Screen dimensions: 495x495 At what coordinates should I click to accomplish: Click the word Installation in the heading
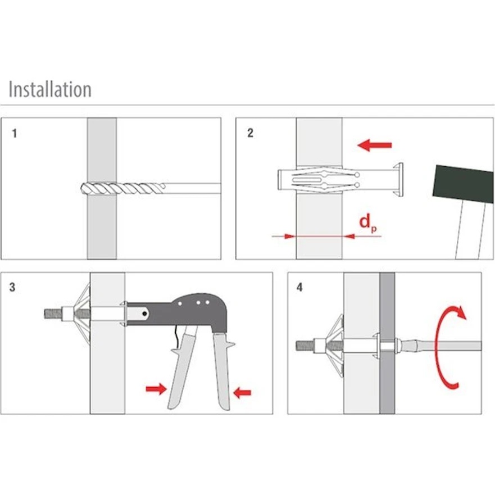(50, 89)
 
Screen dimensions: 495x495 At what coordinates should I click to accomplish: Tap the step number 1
(14, 133)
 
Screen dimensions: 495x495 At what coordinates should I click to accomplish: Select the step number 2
(250, 133)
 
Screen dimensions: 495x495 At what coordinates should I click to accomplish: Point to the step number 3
(12, 287)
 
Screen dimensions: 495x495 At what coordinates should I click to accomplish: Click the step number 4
(299, 287)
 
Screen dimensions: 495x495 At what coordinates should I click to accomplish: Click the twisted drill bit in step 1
(123, 188)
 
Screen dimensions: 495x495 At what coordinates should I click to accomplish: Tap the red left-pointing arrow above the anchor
(374, 145)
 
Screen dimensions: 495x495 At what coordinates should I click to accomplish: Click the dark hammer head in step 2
(463, 184)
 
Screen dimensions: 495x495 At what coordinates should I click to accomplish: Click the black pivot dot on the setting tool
(144, 314)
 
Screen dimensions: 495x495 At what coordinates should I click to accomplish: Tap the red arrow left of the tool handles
(156, 389)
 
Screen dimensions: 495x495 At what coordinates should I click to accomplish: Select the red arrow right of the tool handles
(242, 393)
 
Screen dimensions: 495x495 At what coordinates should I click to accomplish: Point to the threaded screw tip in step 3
(53, 314)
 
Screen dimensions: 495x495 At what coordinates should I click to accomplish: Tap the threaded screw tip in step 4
(305, 346)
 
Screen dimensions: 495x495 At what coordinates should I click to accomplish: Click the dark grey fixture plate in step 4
(387, 343)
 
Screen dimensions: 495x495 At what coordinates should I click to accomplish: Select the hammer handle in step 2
(470, 230)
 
